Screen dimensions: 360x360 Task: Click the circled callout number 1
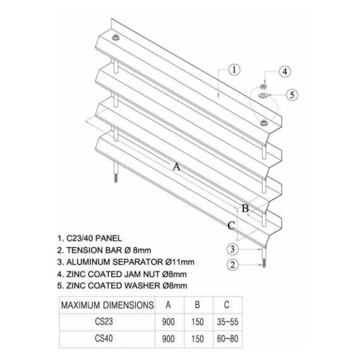234,70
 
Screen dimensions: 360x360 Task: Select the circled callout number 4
285,71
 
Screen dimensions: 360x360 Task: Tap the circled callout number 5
292,95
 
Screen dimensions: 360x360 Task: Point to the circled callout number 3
232,249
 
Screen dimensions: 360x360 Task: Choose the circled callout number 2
232,265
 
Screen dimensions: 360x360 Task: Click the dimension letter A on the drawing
176,167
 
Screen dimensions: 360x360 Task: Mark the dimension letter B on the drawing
245,208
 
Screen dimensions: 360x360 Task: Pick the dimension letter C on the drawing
231,225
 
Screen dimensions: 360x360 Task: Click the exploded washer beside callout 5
263,95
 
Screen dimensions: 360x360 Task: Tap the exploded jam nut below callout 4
263,87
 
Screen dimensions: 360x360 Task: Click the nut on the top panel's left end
116,37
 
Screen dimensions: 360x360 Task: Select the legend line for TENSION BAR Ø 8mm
104,250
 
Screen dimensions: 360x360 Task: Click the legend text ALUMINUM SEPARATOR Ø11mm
126,262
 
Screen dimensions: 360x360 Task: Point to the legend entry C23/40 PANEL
90,238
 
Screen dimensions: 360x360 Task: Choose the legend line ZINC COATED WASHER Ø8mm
122,285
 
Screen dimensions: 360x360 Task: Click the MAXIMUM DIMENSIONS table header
107,305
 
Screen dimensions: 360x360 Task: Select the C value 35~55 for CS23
227,322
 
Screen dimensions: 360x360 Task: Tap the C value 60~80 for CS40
227,339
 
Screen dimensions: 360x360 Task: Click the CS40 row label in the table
104,339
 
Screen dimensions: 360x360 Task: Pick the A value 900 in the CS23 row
168,322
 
